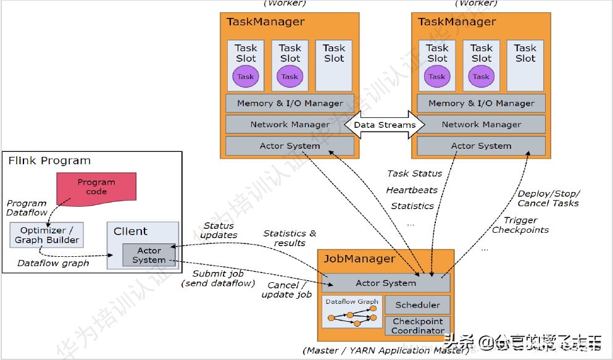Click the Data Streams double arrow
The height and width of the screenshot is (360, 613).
pyautogui.click(x=384, y=125)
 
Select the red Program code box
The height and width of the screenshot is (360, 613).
pyautogui.click(x=96, y=187)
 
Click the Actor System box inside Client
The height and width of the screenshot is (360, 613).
pyautogui.click(x=149, y=255)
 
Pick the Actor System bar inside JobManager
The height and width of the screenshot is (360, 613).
pyautogui.click(x=386, y=283)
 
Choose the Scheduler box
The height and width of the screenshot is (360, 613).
pyautogui.click(x=417, y=304)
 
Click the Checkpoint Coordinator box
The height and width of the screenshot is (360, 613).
pyautogui.click(x=417, y=326)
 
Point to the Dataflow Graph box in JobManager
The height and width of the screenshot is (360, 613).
pyautogui.click(x=352, y=312)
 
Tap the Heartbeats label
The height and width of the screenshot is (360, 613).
pyautogui.click(x=412, y=190)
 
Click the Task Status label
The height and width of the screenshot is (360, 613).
pyautogui.click(x=414, y=174)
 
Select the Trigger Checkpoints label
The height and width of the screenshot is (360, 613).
pyautogui.click(x=520, y=225)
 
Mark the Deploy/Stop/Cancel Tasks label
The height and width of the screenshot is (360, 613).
pyautogui.click(x=548, y=198)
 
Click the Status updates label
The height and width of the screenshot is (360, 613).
pyautogui.click(x=219, y=230)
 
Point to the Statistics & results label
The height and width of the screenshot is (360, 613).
pyautogui.click(x=290, y=238)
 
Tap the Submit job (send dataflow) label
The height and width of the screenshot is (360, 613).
pyautogui.click(x=218, y=278)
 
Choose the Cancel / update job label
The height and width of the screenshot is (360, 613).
pyautogui.click(x=286, y=290)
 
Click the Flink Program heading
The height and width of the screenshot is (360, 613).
pyautogui.click(x=49, y=161)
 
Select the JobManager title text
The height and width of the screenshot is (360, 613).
pyautogui.click(x=359, y=259)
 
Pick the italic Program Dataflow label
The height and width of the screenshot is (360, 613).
pyautogui.click(x=27, y=207)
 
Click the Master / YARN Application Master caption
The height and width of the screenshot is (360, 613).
pyautogui.click(x=386, y=351)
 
